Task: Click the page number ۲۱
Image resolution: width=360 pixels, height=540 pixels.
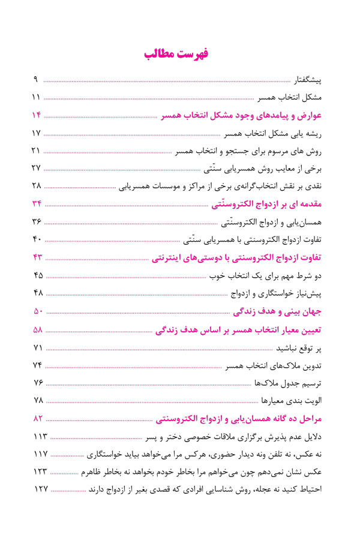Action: pyautogui.click(x=36, y=150)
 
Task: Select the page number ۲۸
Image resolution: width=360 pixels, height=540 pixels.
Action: pyautogui.click(x=36, y=185)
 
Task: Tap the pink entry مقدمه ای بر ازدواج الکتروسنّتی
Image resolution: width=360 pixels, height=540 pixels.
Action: pyautogui.click(x=268, y=204)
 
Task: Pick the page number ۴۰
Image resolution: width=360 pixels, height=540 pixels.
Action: pyautogui.click(x=36, y=239)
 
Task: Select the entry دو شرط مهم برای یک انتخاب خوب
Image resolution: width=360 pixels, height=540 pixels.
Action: pyautogui.click(x=266, y=275)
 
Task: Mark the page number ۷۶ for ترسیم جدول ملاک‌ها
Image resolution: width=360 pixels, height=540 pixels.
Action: pyautogui.click(x=36, y=383)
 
